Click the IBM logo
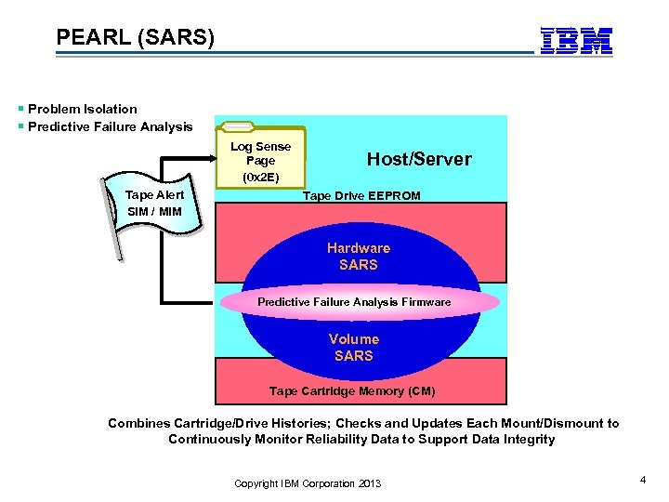tap(576, 40)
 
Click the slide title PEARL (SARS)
tap(135, 38)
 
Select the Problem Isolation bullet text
tap(82, 109)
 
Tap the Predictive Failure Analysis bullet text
tap(110, 126)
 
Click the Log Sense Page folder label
tap(260, 153)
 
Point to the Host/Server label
tap(419, 159)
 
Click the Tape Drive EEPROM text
tap(361, 195)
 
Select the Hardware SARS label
tap(358, 257)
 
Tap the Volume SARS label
tap(353, 348)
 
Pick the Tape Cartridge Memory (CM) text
tap(351, 391)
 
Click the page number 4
tap(642, 479)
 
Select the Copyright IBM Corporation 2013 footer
tap(308, 483)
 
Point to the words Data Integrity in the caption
tap(514, 440)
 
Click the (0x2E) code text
tap(260, 177)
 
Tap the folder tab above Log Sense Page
tap(239, 127)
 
